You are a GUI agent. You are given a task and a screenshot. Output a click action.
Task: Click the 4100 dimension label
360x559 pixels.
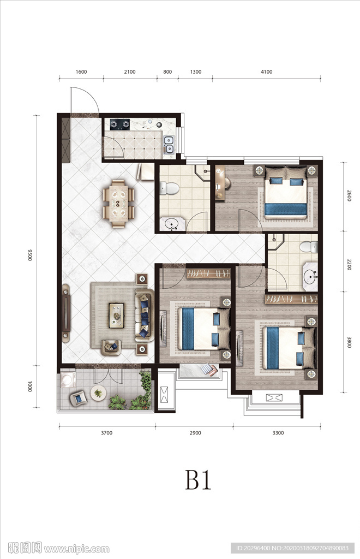(266, 72)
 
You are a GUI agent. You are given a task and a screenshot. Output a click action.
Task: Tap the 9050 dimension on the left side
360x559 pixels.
(30, 254)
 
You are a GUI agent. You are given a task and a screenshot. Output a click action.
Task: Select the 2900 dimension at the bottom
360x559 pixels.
(195, 433)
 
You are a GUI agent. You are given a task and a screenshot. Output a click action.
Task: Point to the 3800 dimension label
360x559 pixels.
(349, 342)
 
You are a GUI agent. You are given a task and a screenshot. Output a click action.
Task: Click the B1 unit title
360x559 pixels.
(198, 480)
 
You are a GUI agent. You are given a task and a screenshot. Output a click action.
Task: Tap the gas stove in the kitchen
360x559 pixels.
(119, 124)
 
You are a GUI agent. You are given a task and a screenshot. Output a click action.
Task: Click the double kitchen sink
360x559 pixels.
(169, 145)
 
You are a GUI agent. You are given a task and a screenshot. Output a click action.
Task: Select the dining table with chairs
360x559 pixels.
(119, 204)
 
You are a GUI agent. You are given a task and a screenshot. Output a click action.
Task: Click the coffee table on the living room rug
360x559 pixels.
(116, 315)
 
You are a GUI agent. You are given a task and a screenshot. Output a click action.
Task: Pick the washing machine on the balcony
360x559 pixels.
(67, 380)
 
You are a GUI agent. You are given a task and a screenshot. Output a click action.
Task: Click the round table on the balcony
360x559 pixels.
(98, 393)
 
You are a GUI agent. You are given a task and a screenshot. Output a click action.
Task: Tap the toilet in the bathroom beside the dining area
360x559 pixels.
(169, 188)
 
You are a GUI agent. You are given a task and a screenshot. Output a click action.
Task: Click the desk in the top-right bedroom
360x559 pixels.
(220, 183)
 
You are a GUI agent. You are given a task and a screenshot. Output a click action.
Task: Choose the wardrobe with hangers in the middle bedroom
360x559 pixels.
(208, 274)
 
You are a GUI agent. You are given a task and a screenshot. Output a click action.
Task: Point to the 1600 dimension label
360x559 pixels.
(81, 72)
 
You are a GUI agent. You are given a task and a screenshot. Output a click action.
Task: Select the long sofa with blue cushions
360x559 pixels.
(144, 315)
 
